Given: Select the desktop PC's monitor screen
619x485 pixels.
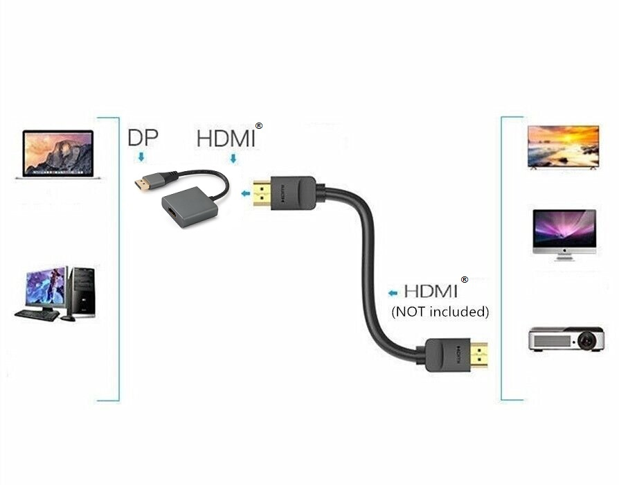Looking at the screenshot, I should pos(46,287).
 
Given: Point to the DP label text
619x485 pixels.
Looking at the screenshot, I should pos(143,137).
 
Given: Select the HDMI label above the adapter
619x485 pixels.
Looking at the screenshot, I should pos(226,137).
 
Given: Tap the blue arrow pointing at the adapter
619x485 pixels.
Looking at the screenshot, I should pos(244,194).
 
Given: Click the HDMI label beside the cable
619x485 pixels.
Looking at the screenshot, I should pos(431,291).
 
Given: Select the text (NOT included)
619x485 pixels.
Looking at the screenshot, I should pos(440,312).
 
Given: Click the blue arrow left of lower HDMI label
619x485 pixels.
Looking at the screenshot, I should pos(393,292).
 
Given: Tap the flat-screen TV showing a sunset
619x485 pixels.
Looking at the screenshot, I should pos(562,147).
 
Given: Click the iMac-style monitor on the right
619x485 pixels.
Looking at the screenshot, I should pos(564,234).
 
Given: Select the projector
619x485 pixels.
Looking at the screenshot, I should pos(564,339).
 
